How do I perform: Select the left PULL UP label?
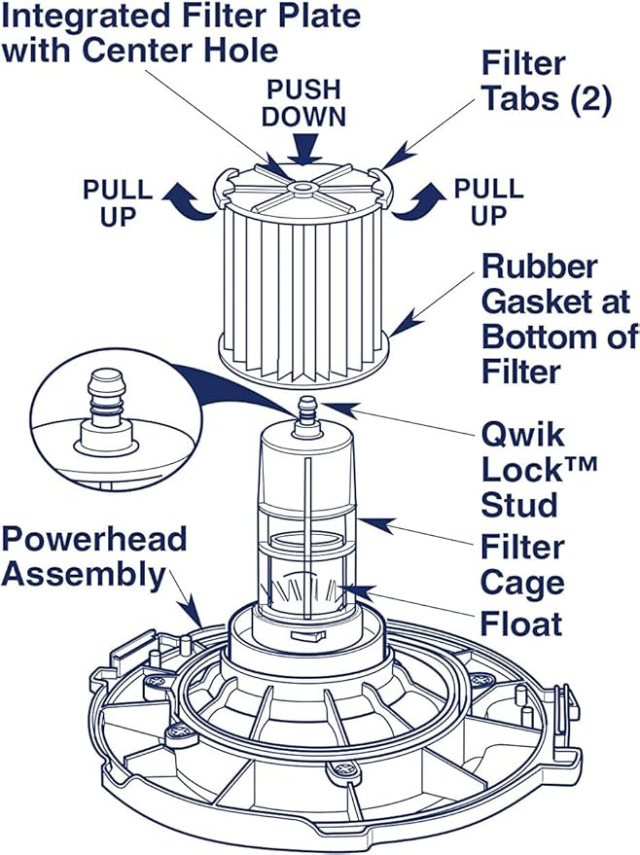[x=117, y=200]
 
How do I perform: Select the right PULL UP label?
[x=488, y=200]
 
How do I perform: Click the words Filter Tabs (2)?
[x=545, y=83]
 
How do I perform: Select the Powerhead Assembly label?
[x=93, y=557]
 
